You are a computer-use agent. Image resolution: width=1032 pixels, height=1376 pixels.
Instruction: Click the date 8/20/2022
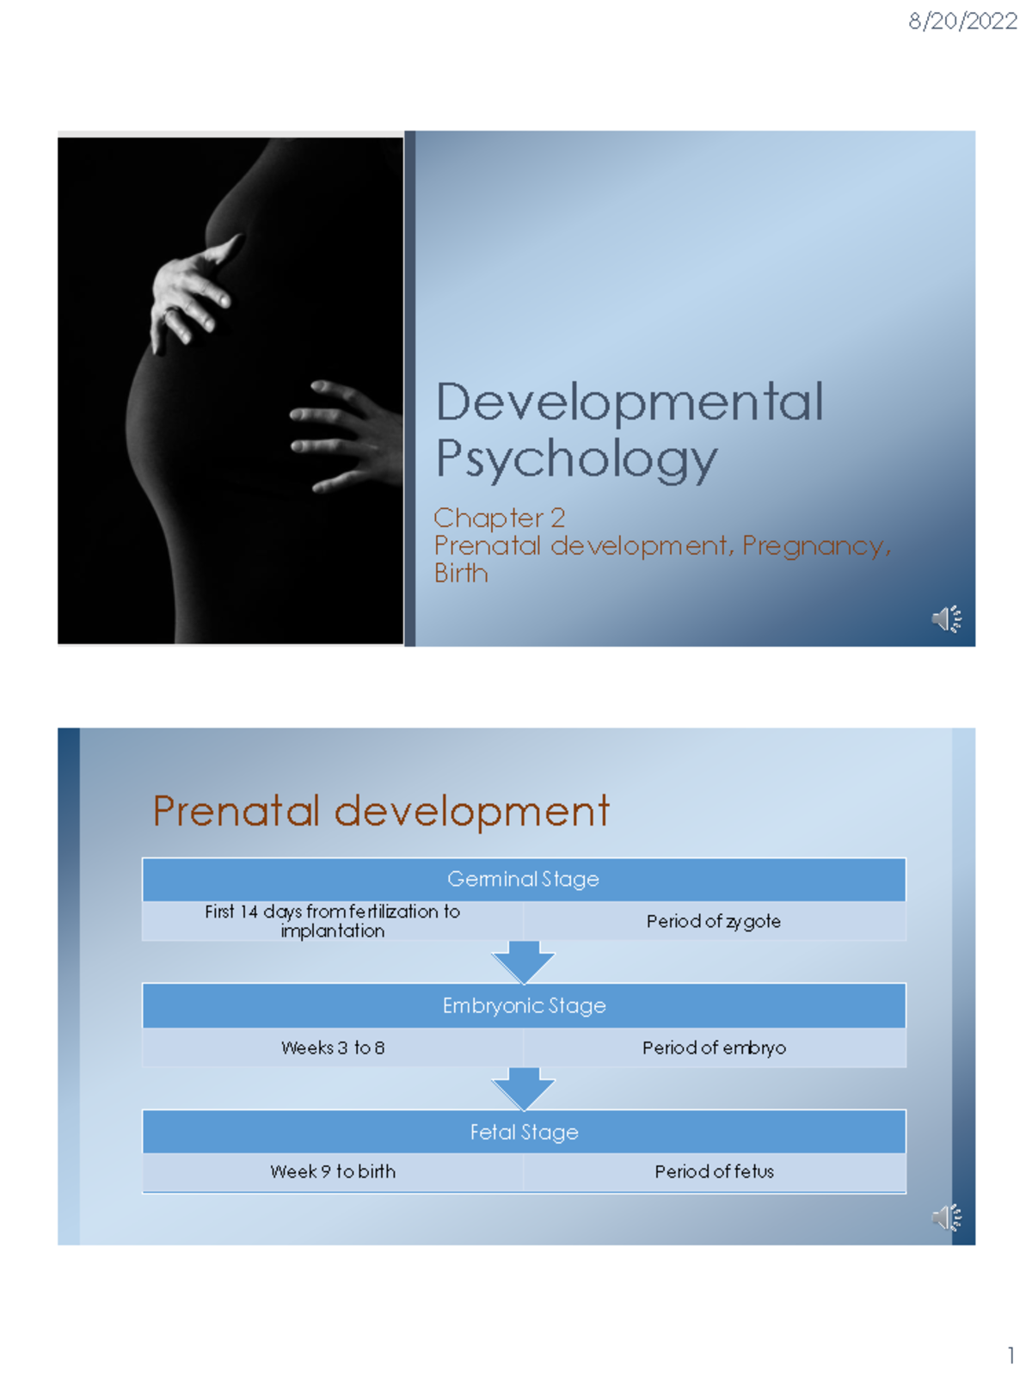pos(962,21)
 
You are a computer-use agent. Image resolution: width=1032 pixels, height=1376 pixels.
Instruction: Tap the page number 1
pos(1010,1356)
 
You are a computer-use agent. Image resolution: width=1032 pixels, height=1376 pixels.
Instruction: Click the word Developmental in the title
pos(630,402)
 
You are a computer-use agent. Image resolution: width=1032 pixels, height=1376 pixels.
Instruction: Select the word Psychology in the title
pos(576,459)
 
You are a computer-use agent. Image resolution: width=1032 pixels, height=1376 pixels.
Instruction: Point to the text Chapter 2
pos(499,518)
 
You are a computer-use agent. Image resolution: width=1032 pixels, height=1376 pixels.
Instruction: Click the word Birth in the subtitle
pos(461,574)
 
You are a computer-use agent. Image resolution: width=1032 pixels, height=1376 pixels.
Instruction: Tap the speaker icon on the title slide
pos(946,619)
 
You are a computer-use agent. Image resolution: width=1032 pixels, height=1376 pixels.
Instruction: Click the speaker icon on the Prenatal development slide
pos(946,1218)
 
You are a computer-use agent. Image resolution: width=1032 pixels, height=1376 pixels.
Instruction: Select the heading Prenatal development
pos(381,811)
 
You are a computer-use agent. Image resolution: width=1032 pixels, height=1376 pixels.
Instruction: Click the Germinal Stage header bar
pos(523,879)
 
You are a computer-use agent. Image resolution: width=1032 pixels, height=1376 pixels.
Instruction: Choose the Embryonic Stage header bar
pos(524,1005)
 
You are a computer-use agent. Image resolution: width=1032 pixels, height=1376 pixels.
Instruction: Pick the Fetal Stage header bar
pos(524,1132)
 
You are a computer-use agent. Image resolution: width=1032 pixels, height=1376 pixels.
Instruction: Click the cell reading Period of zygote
pos(714,921)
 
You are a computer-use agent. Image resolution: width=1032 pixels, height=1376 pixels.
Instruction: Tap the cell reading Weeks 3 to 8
pos(333,1047)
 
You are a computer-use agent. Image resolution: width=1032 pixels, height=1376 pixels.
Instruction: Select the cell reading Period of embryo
pos(714,1047)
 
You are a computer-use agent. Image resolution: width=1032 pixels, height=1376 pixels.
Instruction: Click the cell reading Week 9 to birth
pos(333,1171)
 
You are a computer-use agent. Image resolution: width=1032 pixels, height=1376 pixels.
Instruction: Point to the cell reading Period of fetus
pos(714,1171)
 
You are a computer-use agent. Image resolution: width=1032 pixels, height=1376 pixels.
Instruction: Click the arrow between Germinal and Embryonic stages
pos(523,961)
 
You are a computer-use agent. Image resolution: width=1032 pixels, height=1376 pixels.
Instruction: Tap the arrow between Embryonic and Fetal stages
pos(523,1088)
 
